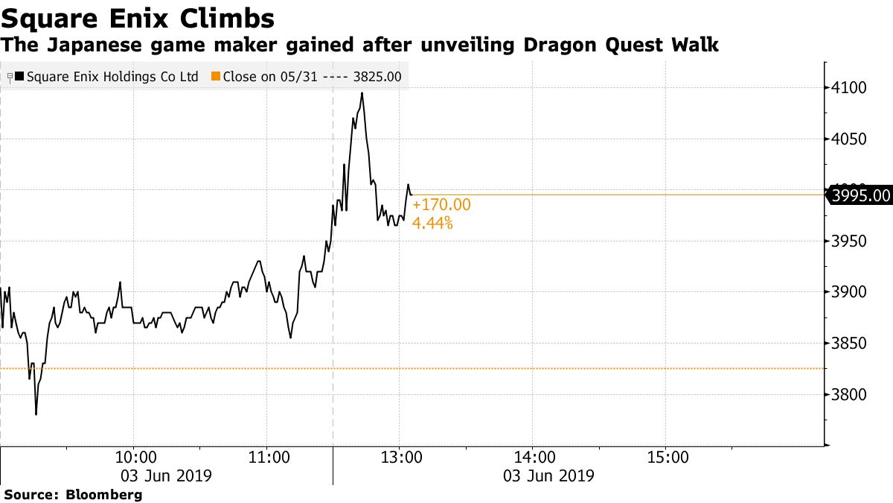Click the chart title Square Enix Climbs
point(138,17)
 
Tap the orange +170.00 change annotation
point(441,205)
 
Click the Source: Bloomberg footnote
point(73,494)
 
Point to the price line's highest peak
point(362,93)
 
